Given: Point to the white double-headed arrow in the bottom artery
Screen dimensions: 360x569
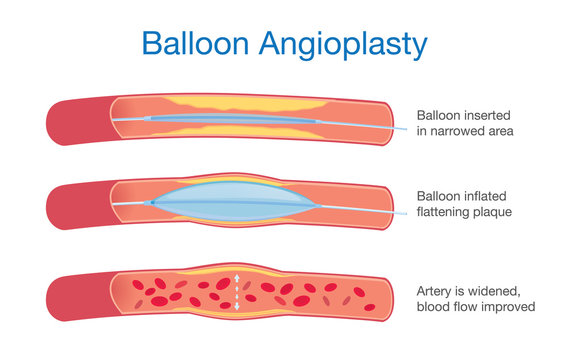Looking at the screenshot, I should (x=237, y=292).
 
